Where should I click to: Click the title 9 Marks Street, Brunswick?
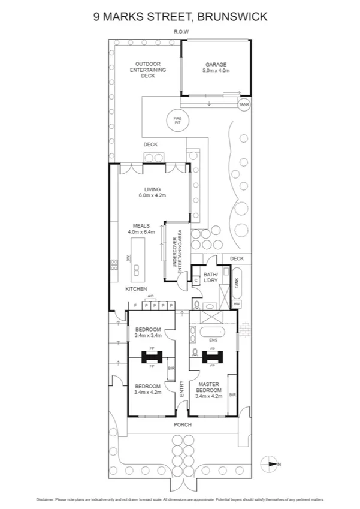180,17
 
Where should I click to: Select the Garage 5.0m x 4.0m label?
216,67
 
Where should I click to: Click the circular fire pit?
177,120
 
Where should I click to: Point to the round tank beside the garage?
244,105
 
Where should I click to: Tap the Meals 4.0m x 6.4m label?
141,229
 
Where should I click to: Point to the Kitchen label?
136,290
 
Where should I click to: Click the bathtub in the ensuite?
213,332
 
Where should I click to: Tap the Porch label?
182,424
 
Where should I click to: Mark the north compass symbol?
271,463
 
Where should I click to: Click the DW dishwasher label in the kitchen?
128,258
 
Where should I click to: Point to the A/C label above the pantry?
151,296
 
